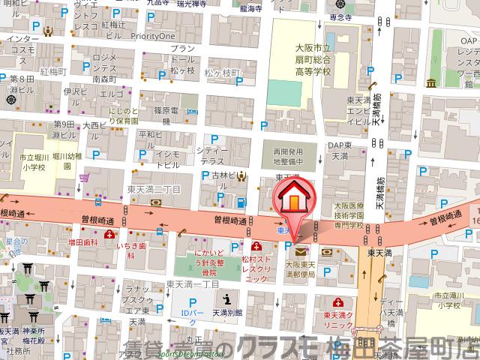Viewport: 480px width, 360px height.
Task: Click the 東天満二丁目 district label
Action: coord(154,190)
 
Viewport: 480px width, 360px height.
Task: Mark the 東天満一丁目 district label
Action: coord(192,283)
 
